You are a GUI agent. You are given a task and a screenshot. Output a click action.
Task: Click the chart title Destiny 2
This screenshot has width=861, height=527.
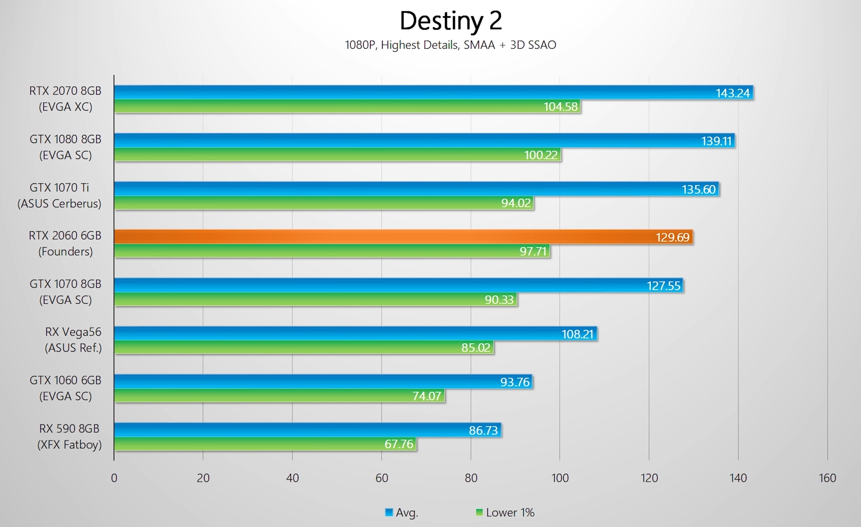click(x=450, y=21)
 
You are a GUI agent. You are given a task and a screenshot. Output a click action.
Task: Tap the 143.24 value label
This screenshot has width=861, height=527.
click(x=732, y=93)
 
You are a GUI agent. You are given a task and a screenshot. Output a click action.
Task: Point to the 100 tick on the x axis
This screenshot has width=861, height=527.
click(x=560, y=478)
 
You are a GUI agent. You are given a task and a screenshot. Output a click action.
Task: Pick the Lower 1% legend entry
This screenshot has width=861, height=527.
click(x=505, y=513)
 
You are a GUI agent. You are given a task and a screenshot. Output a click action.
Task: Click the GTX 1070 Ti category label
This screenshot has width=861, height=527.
click(x=59, y=195)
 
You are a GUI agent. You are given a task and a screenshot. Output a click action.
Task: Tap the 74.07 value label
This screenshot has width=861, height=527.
click(x=427, y=396)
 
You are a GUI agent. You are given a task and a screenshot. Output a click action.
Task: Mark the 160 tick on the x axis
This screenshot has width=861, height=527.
click(x=827, y=478)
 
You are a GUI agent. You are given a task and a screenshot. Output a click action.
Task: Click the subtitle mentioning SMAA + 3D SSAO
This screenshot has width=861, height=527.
click(x=450, y=45)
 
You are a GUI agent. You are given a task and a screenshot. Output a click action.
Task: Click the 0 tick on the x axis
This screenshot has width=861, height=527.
click(x=114, y=478)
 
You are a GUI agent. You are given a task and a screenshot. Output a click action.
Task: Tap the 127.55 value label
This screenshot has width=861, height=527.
click(x=663, y=286)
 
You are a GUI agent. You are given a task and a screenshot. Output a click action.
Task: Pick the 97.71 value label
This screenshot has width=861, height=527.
click(x=533, y=251)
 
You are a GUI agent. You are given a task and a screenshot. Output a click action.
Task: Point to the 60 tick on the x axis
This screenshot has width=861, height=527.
click(x=382, y=478)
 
